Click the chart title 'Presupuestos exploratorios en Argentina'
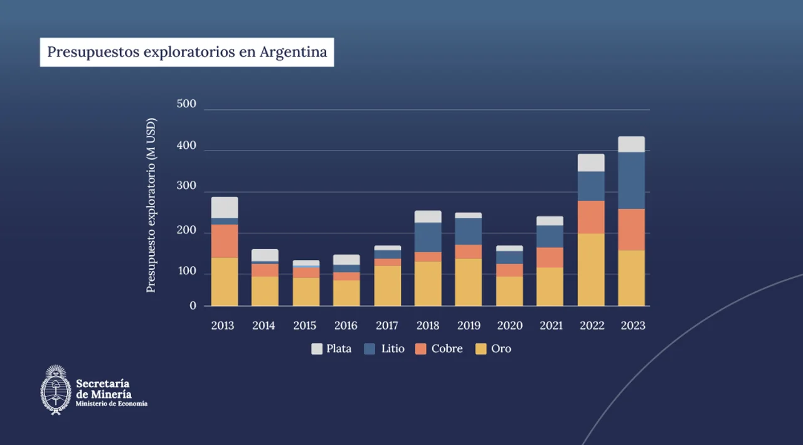coord(187,52)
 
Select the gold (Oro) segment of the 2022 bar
coord(591,270)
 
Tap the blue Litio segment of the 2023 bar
coord(631,180)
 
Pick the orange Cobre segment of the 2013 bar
coord(225,241)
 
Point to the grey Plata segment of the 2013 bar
coord(225,207)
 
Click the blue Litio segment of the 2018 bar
coord(428,237)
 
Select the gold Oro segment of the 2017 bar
coord(388,286)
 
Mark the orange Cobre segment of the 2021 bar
coord(550,257)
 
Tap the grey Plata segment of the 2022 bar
coord(591,163)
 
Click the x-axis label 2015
coord(305,326)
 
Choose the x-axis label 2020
coord(509,326)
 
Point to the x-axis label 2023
coord(632,326)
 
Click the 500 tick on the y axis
coord(186,104)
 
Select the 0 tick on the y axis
coord(193,306)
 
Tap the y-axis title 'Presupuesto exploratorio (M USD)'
coord(151,205)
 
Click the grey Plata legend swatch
coord(317,349)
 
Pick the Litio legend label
coord(393,349)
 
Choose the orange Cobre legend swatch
coord(421,349)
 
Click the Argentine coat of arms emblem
coord(56,390)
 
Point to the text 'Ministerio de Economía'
coord(112,404)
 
